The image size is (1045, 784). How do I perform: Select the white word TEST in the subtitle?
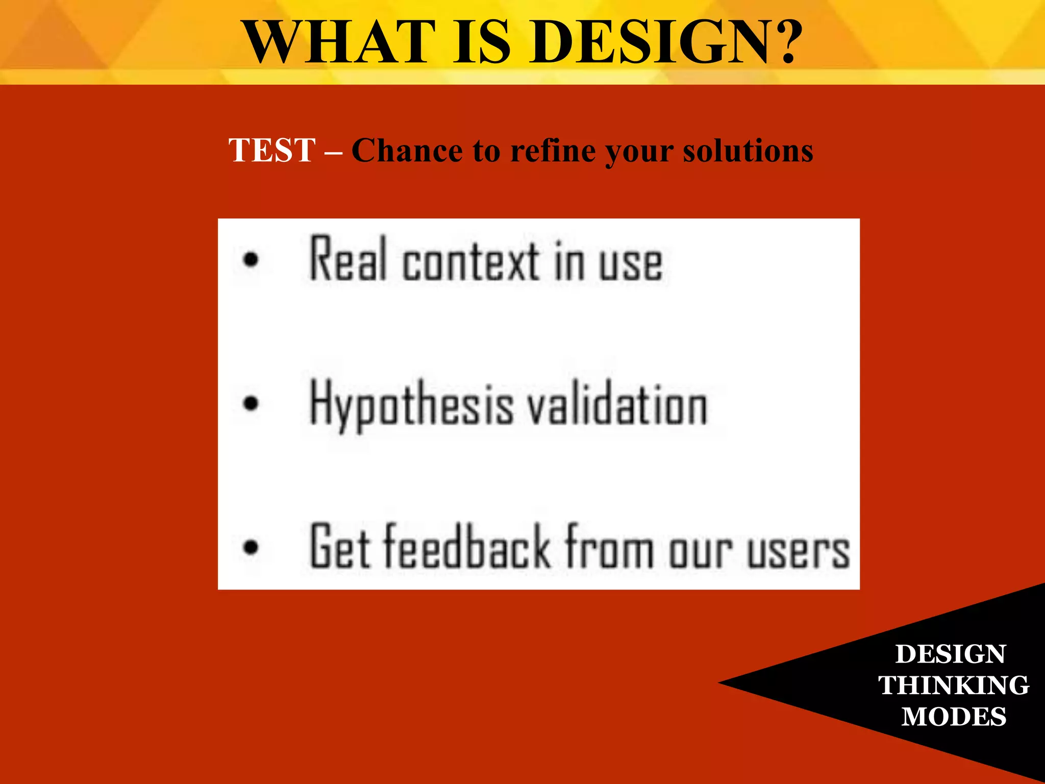272,151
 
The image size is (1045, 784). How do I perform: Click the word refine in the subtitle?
553,151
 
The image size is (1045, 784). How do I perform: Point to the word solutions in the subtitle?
748,151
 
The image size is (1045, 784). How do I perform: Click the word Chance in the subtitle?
407,151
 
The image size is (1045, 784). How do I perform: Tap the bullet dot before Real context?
251,259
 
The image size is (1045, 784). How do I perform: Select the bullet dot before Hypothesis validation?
251,403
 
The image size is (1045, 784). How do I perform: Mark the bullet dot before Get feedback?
251,547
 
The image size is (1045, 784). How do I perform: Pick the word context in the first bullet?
470,261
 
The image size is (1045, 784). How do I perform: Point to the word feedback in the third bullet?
467,546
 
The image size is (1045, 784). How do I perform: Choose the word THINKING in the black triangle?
953,685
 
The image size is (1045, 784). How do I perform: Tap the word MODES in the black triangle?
953,716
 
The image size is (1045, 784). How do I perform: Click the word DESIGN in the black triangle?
950,654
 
